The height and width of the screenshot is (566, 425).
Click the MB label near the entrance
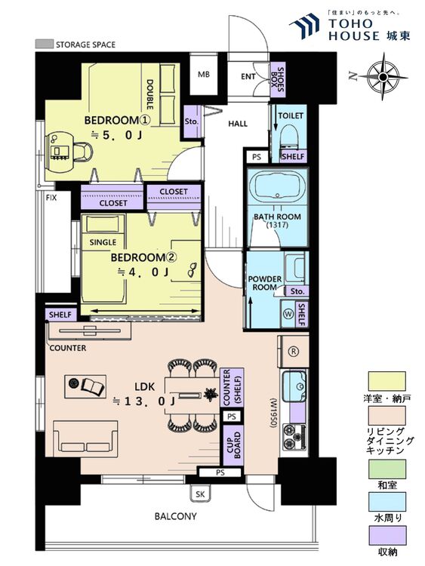click(x=204, y=75)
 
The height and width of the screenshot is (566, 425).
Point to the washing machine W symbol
click(x=288, y=314)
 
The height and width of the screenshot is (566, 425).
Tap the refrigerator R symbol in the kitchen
click(x=294, y=351)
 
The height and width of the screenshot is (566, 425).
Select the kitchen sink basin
click(x=294, y=386)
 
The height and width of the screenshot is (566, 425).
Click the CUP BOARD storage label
click(x=233, y=445)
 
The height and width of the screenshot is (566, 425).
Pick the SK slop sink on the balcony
click(x=200, y=494)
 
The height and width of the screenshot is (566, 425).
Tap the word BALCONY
click(x=175, y=516)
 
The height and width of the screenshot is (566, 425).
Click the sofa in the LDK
click(x=85, y=439)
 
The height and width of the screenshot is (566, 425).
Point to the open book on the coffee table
click(x=92, y=386)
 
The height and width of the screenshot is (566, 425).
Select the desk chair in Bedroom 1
click(x=83, y=151)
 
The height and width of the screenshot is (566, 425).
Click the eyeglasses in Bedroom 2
click(x=192, y=269)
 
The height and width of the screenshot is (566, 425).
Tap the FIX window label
click(x=51, y=198)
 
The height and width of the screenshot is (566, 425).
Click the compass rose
click(x=383, y=77)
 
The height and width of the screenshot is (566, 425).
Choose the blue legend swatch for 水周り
click(x=387, y=501)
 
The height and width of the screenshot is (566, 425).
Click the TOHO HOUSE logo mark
click(x=304, y=26)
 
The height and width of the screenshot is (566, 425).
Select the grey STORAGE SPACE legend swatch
click(x=44, y=44)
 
